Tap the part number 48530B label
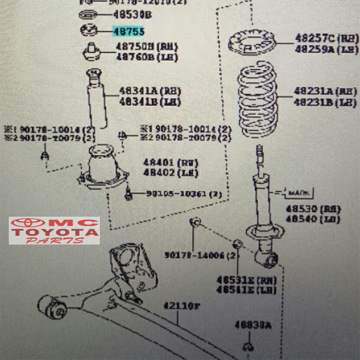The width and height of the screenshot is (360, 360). tap(132, 15)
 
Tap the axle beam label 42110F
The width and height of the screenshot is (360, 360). tap(181, 306)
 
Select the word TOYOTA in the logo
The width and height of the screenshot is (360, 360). tap(54, 232)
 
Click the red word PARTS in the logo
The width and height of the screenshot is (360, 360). tap(54, 241)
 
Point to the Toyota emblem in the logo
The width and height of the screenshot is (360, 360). tap(28, 223)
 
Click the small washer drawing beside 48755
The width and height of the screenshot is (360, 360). tap(89, 30)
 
